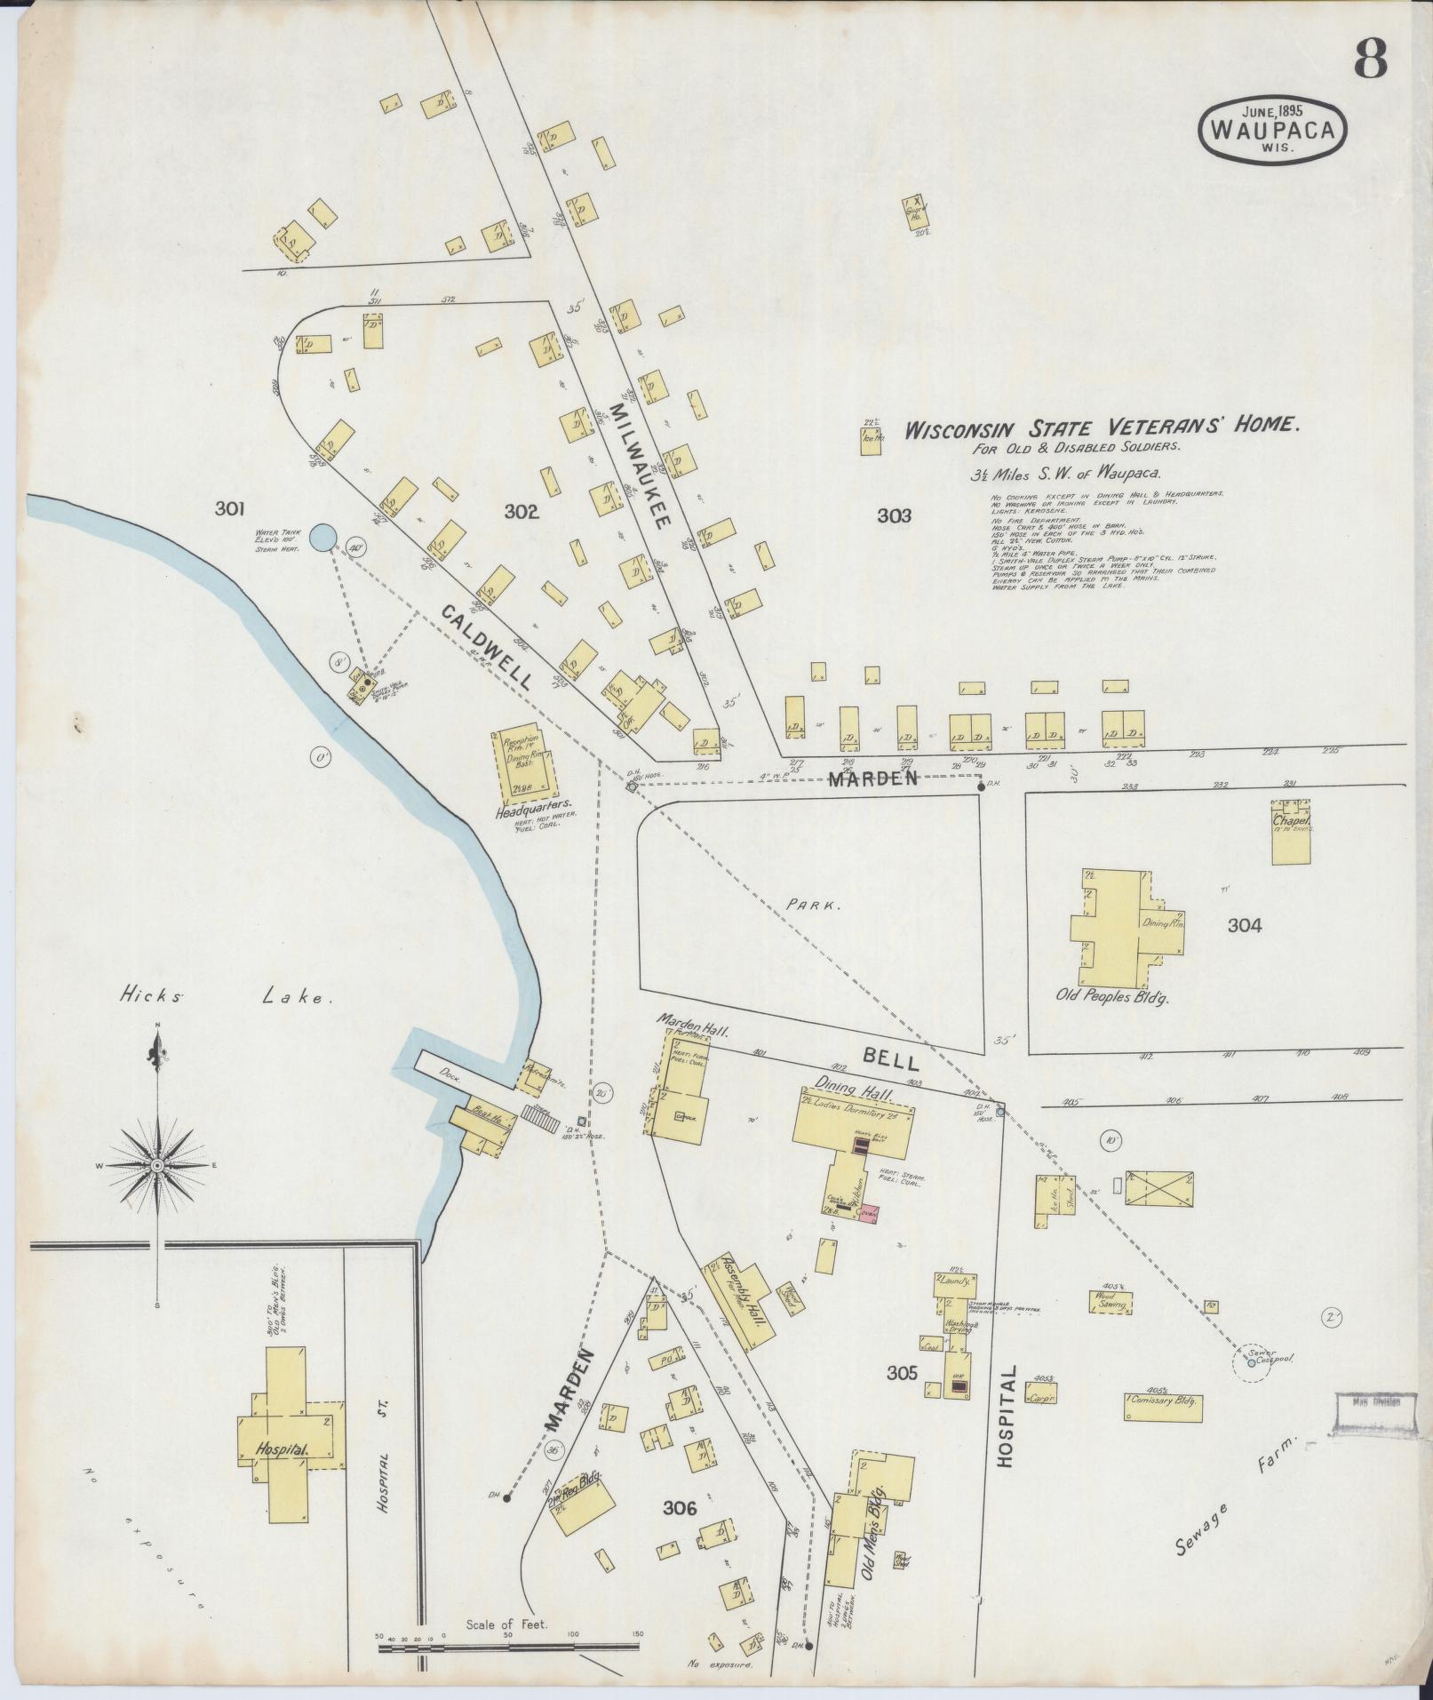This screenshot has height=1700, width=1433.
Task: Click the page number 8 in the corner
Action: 1370,60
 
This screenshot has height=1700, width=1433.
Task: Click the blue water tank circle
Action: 322,537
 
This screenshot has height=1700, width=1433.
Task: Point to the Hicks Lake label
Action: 226,998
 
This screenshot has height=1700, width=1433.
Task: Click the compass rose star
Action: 157,1165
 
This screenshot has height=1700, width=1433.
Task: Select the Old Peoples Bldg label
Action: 1111,996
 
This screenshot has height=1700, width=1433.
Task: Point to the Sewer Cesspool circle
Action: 1251,1386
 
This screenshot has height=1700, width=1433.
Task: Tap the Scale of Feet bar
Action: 508,1646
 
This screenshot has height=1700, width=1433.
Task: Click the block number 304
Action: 1244,925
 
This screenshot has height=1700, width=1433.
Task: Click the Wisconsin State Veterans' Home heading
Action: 1102,427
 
